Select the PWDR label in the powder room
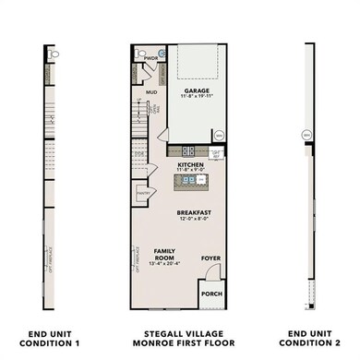pos(151,57)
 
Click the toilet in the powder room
pos(139,55)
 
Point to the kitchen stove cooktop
pos(188,150)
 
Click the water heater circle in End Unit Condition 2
pos(306,136)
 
